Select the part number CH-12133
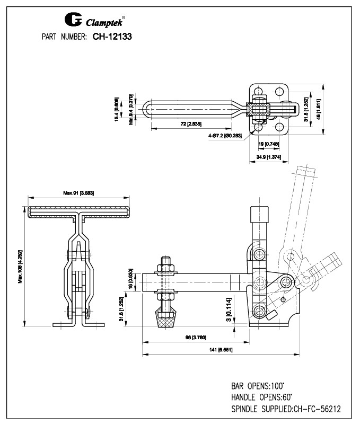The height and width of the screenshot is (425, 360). pos(112,37)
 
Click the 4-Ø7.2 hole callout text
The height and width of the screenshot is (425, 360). pos(225,136)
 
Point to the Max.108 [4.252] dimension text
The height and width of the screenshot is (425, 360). pos(20,265)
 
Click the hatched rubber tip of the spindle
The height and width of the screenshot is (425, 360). pos(164,320)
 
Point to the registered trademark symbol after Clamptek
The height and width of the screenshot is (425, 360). pos(124,16)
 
